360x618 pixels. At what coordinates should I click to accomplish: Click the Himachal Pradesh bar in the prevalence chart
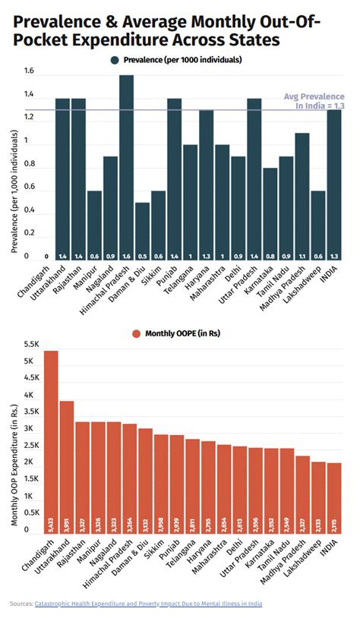pos(126,167)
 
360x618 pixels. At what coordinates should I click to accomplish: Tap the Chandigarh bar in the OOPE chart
pos(51,440)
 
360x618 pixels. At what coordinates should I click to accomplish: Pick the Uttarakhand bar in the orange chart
pos(67,466)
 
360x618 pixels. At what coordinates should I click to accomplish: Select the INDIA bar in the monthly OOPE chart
pos(334,497)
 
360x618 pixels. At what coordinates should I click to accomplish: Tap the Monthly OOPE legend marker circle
pos(137,333)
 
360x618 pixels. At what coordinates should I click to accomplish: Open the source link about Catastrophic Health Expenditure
pos(148,604)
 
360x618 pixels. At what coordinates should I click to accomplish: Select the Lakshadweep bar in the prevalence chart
pos(317,225)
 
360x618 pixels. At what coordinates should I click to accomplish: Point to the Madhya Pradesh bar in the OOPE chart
pos(302,493)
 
